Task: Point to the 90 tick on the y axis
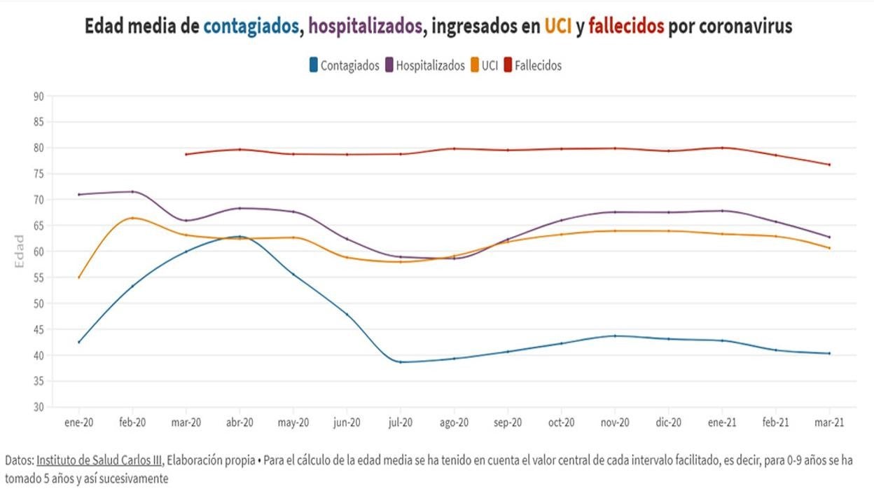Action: point(38,96)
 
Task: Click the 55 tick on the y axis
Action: point(38,277)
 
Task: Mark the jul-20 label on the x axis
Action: point(400,423)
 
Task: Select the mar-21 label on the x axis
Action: point(829,423)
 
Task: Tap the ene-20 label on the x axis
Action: point(78,423)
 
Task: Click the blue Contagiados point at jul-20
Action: point(400,362)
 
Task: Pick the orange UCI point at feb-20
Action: point(132,218)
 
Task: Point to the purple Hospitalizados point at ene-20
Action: point(78,195)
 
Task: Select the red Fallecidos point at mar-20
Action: point(186,154)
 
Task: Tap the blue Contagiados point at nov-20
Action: point(615,336)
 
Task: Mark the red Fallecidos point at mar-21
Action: point(829,165)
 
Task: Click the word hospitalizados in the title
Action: point(366,27)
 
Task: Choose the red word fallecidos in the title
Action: point(626,27)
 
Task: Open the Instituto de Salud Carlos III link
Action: point(99,460)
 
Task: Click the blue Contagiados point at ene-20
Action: point(78,342)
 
